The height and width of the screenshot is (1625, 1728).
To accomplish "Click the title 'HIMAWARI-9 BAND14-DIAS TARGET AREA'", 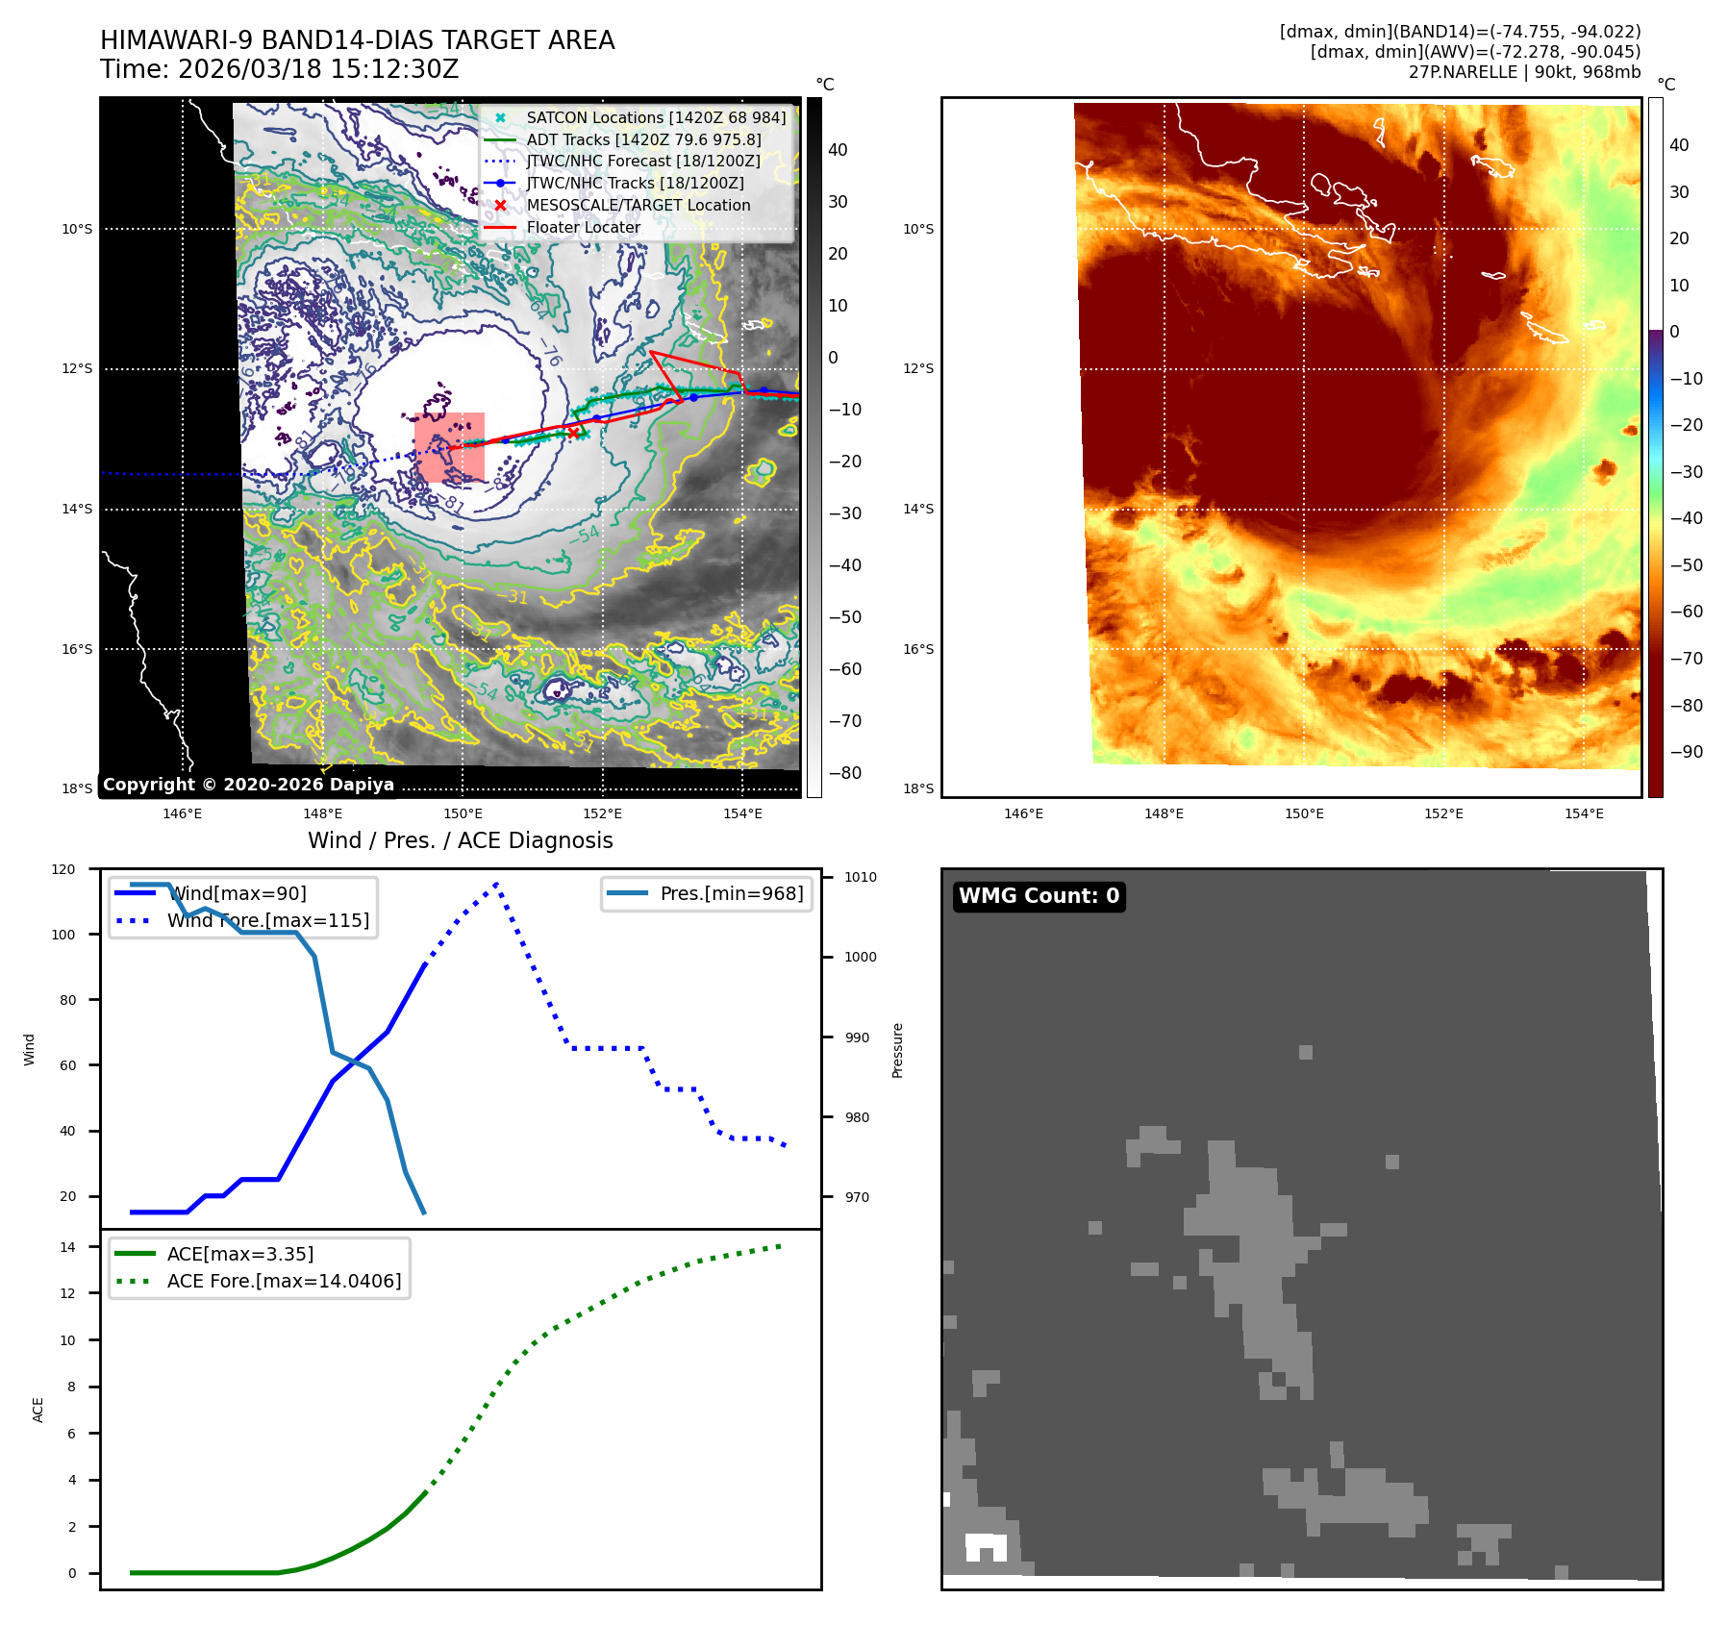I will click(x=357, y=40).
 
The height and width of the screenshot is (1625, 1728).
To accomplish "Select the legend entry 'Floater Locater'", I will click(x=583, y=227).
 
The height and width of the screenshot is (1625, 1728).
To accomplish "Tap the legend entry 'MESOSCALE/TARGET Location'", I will click(x=638, y=205).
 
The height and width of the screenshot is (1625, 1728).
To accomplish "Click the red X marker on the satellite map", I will click(x=573, y=433).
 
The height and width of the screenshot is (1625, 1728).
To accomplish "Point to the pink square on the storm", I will click(x=449, y=447).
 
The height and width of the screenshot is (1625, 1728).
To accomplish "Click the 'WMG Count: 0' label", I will click(x=1039, y=896).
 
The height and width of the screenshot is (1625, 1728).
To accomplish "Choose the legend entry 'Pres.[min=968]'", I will click(x=731, y=893).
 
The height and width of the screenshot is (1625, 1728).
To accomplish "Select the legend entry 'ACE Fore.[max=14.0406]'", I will click(x=284, y=1281).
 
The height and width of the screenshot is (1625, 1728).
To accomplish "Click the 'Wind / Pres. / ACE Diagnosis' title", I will click(x=460, y=840).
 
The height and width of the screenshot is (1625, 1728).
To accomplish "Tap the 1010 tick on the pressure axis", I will click(x=860, y=877).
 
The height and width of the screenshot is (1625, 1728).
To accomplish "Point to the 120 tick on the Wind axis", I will click(x=63, y=869).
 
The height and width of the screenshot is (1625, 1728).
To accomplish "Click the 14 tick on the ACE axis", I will click(x=67, y=1247).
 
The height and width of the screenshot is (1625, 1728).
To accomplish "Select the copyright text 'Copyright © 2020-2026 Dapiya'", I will click(x=248, y=785).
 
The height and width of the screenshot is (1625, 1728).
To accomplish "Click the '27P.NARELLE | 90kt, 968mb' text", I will click(x=1524, y=72).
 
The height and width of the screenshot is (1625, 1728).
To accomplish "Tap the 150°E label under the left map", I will click(x=463, y=813).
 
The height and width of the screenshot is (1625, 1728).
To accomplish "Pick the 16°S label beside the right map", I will click(x=917, y=649).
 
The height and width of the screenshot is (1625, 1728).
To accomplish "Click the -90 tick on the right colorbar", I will click(x=1686, y=752).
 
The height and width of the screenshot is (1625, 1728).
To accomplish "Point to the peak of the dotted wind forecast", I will click(x=496, y=883).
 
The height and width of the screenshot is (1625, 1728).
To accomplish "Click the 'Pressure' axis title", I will click(x=897, y=1050).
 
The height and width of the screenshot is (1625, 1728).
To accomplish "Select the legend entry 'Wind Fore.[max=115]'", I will click(x=267, y=920).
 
